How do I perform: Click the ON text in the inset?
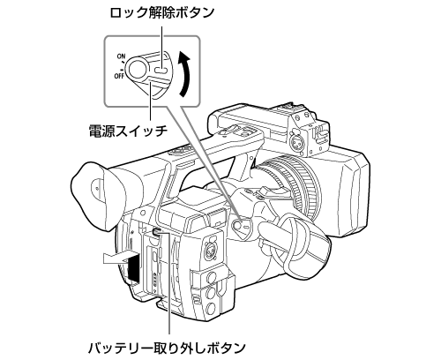(x=120, y=56)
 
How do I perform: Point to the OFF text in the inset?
(x=119, y=76)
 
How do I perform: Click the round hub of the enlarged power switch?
(x=138, y=68)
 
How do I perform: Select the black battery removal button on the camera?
(x=155, y=231)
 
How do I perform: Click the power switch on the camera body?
(x=241, y=229)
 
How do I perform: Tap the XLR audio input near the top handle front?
(x=296, y=136)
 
